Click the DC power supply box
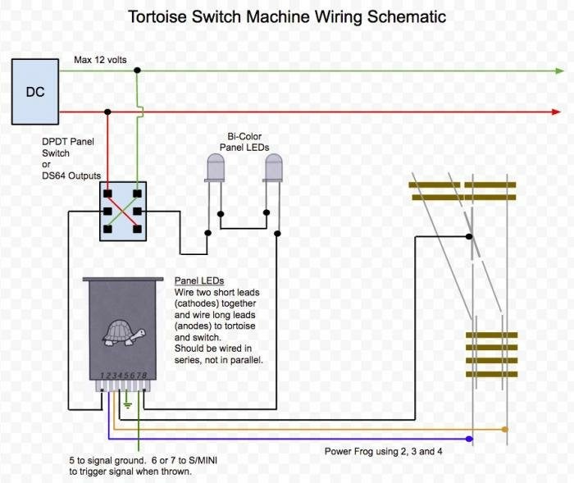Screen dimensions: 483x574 [34, 92]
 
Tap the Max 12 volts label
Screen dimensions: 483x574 [100, 60]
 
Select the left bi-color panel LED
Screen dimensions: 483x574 [215, 169]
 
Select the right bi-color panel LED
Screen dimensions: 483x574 [274, 169]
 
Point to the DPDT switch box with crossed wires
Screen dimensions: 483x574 [122, 212]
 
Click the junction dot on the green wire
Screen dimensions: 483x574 [137, 71]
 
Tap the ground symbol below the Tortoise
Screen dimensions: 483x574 [127, 403]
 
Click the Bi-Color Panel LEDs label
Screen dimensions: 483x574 [244, 141]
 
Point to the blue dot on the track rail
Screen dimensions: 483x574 [470, 440]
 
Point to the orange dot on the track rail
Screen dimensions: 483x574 [506, 429]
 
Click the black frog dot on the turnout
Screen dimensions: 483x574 [470, 236]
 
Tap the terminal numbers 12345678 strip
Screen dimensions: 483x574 [123, 376]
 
